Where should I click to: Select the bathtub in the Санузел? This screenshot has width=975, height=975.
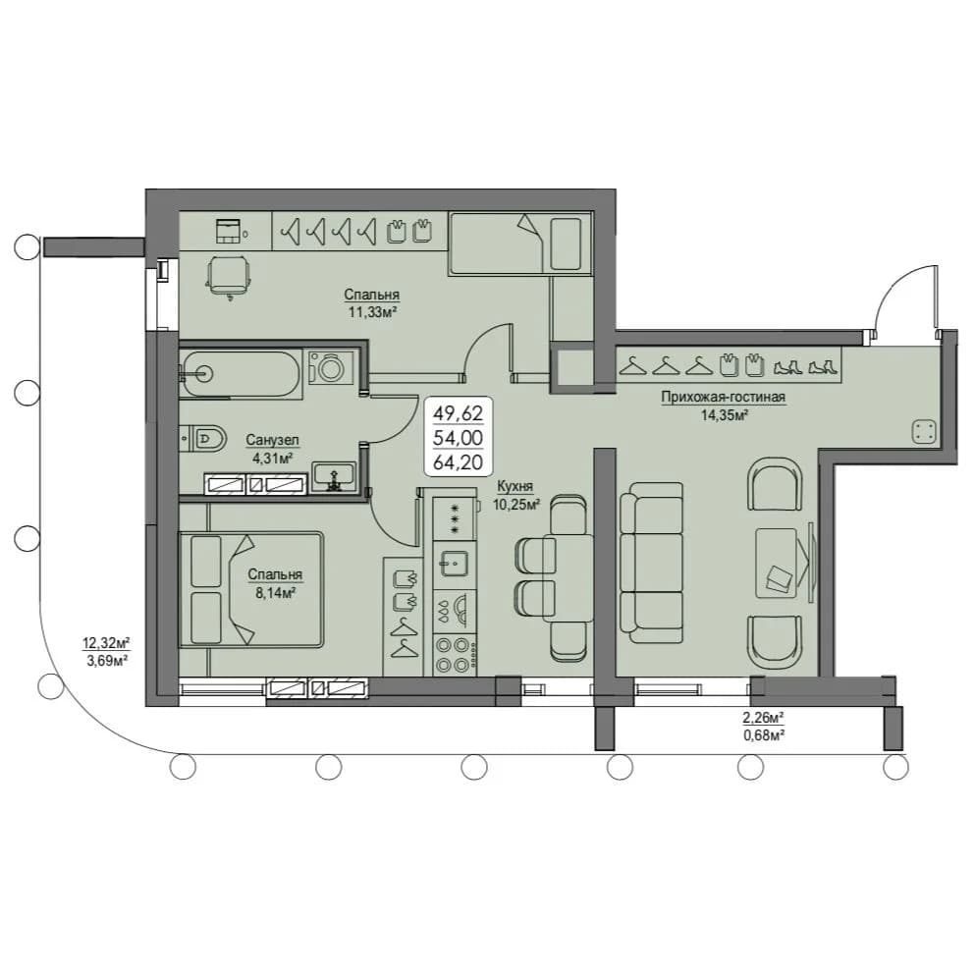click(241, 374)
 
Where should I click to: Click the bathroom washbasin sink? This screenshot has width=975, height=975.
click(335, 476)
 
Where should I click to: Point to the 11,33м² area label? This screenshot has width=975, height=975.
click(372, 311)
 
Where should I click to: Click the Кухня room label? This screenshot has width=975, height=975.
click(515, 486)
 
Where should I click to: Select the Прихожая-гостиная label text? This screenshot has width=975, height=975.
click(724, 397)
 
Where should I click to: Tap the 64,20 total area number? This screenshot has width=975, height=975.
click(459, 462)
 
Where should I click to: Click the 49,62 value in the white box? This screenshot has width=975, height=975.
click(459, 412)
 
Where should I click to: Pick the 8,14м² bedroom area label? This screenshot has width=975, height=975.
click(275, 593)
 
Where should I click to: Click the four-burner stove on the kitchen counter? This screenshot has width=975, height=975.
click(455, 655)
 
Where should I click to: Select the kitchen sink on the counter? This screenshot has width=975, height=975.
click(455, 565)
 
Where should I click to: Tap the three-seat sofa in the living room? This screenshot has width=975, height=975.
click(652, 562)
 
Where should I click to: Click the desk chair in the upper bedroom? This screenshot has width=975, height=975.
click(229, 276)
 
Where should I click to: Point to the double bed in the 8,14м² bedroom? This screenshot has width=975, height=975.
click(251, 589)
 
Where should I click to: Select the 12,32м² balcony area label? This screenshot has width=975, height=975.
click(106, 642)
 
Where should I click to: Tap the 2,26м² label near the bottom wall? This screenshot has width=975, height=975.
click(763, 718)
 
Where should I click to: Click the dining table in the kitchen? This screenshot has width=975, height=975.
click(568, 577)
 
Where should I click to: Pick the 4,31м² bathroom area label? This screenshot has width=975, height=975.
click(272, 459)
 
